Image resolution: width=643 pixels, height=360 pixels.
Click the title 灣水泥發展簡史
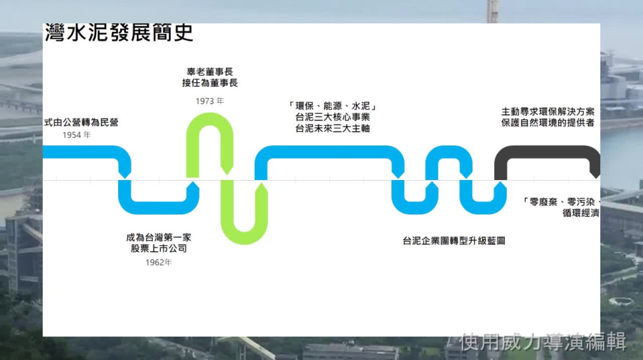click(x=119, y=33)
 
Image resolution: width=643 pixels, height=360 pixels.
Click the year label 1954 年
click(x=76, y=135)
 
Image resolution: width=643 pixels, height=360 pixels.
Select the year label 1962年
click(x=159, y=262)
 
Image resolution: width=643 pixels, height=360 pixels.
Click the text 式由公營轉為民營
click(x=81, y=122)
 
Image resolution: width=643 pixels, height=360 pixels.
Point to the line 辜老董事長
click(x=210, y=71)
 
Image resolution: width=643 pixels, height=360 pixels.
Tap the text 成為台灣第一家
click(x=159, y=237)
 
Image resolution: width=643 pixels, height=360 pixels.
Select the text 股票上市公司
click(x=159, y=249)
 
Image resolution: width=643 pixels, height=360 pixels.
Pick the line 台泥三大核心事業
click(x=332, y=117)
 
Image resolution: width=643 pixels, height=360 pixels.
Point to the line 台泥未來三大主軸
click(x=332, y=128)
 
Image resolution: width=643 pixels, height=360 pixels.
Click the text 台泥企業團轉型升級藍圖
click(x=454, y=240)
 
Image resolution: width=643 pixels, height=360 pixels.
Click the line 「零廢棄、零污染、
click(x=562, y=201)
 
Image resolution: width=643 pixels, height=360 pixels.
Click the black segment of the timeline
click(x=547, y=151)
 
